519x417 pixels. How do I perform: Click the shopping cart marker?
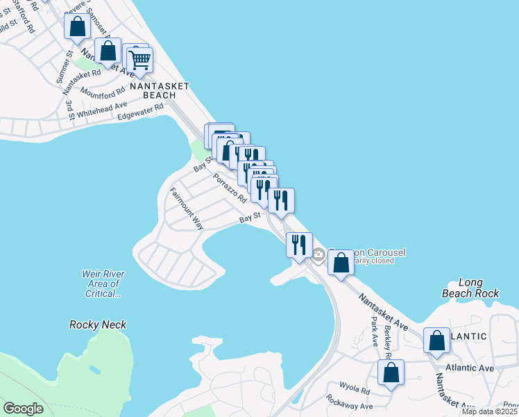pyautogui.click(x=140, y=60)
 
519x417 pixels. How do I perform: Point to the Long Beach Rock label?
pyautogui.click(x=470, y=288)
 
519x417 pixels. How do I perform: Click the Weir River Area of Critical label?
pyautogui.click(x=103, y=284)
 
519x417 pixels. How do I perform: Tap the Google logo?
pyautogui.click(x=24, y=409)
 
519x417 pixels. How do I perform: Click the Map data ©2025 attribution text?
pyautogui.click(x=490, y=411)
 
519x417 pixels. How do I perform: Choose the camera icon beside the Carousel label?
pyautogui.click(x=318, y=255)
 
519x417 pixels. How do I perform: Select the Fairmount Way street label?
pyautogui.click(x=187, y=209)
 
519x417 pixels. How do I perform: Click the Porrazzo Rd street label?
pyautogui.click(x=230, y=188)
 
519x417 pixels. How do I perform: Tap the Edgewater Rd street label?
pyautogui.click(x=140, y=111)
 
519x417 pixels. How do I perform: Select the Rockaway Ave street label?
pyautogui.click(x=350, y=406)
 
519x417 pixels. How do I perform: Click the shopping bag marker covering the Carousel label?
pyautogui.click(x=341, y=263)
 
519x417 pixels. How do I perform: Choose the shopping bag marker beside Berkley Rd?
pyautogui.click(x=391, y=372)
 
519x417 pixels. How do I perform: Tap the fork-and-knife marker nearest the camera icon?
pyautogui.click(x=299, y=245)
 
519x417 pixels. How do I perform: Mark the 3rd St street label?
pyautogui.click(x=69, y=109)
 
